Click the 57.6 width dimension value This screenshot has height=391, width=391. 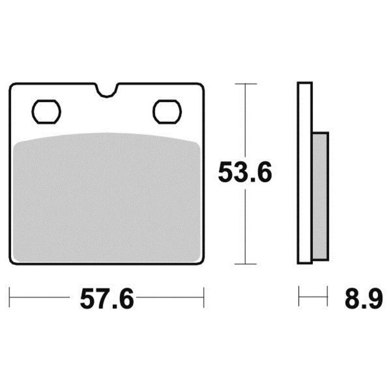click(x=107, y=299)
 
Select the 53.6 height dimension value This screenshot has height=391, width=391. click(x=245, y=173)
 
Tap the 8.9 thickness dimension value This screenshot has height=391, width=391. click(x=364, y=299)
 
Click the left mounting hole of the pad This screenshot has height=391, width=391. click(x=46, y=112)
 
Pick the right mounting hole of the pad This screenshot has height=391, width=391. click(x=167, y=112)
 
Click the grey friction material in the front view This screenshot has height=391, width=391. click(x=107, y=197)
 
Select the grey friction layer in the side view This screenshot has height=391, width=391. click(x=320, y=196)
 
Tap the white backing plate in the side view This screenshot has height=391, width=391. click(x=304, y=173)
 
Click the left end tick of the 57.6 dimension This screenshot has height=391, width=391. click(x=9, y=297)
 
